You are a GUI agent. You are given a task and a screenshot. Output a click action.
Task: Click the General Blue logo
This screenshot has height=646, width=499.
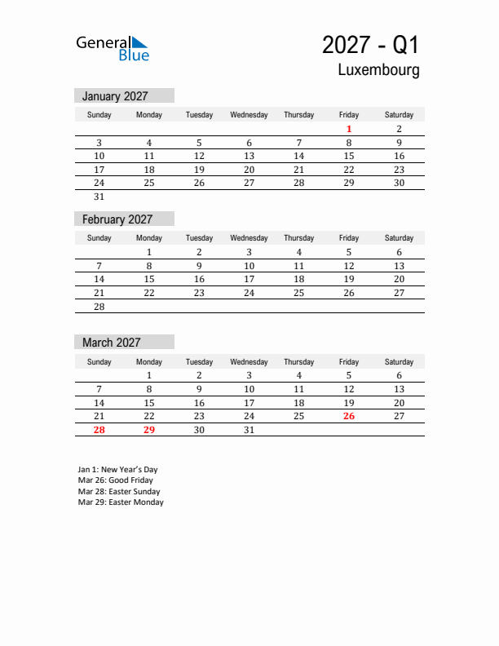[x=113, y=48]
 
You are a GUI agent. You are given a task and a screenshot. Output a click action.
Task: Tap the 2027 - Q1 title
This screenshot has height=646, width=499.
[x=370, y=44]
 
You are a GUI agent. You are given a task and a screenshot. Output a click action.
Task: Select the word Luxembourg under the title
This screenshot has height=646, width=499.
[x=379, y=70]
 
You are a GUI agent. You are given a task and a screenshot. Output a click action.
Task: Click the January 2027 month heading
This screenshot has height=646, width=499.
[x=115, y=96]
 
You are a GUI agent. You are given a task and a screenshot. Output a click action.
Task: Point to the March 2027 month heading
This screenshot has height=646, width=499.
[x=111, y=343]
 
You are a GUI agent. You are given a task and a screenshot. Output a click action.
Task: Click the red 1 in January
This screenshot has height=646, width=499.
[x=349, y=129]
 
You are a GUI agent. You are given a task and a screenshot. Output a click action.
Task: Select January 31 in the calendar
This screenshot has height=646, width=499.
[x=99, y=197]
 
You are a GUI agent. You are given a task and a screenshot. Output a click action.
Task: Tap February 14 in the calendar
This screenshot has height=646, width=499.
[x=99, y=279]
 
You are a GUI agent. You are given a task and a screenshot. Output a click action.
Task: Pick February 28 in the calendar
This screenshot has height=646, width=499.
[x=99, y=307]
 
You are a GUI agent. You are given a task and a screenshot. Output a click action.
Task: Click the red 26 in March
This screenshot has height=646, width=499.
[x=349, y=416]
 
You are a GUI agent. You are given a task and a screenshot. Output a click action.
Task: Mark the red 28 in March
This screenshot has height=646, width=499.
[x=99, y=430]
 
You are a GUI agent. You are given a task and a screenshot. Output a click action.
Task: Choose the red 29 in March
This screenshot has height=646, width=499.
[x=149, y=430]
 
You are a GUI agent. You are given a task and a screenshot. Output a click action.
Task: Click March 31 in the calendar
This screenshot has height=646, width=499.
[x=249, y=430]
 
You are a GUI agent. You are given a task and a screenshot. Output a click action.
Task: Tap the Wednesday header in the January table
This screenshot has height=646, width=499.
[x=249, y=115]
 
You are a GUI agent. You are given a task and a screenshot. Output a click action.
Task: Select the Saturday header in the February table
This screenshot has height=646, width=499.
[x=399, y=238]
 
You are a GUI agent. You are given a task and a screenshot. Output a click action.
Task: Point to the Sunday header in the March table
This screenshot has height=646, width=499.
[x=99, y=362]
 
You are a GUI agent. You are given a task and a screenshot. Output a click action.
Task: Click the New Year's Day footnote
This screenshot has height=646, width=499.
[x=118, y=470]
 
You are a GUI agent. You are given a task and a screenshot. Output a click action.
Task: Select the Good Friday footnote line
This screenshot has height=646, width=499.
[x=116, y=480]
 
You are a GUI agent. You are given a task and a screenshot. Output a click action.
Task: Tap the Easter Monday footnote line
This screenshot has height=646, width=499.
[x=121, y=502]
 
